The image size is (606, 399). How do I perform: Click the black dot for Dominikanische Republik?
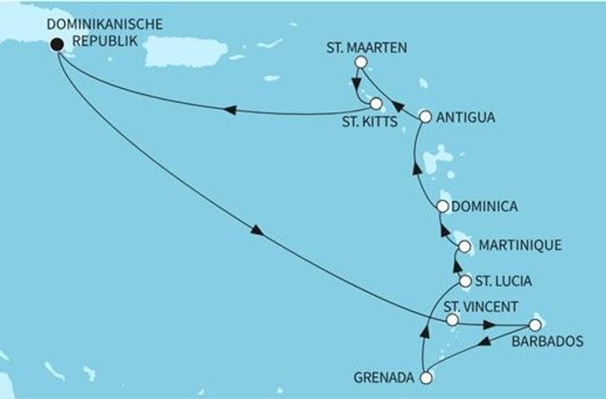click(57, 46)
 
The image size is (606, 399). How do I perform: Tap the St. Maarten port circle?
click(360, 62)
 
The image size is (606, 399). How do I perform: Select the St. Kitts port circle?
click(376, 105)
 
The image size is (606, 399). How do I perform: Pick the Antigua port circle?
click(425, 117)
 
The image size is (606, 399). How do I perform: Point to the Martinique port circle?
click(464, 246)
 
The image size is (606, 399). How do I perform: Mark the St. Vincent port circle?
click(452, 319)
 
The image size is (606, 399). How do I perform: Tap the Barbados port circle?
click(534, 324)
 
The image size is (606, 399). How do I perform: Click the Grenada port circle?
click(426, 378)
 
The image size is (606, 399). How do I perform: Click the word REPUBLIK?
click(101, 38)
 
